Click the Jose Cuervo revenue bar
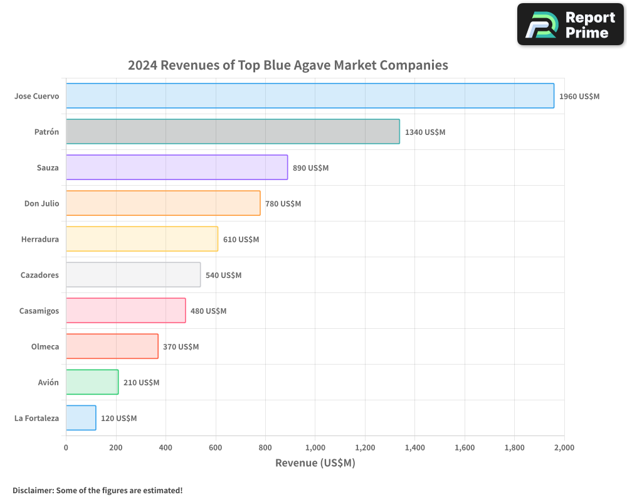click(310, 96)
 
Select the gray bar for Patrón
click(233, 132)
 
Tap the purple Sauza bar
click(177, 168)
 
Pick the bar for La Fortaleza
click(81, 418)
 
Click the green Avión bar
click(92, 382)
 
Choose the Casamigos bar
click(125, 311)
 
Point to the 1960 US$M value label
click(579, 97)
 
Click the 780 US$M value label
click(283, 204)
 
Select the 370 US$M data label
click(181, 347)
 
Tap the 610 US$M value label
click(241, 240)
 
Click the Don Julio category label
click(41, 203)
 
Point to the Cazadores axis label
click(40, 275)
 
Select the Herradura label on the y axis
click(40, 239)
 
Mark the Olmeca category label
click(45, 346)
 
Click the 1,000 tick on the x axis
click(315, 447)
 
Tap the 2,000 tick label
click(564, 447)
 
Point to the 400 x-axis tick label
click(166, 447)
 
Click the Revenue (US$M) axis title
click(315, 463)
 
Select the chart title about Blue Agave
click(288, 65)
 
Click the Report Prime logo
click(571, 24)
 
